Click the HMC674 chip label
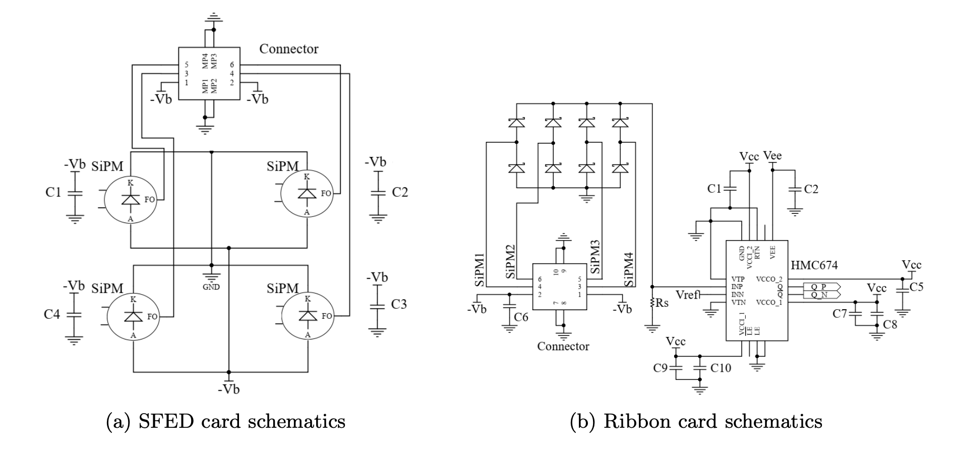[814, 265]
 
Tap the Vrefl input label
[688, 295]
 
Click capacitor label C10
[721, 368]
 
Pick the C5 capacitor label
[916, 287]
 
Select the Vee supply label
[772, 156]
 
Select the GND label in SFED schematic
[211, 287]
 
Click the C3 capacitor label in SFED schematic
[399, 304]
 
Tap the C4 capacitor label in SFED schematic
[52, 314]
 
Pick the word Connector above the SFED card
[289, 49]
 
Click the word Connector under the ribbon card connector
[563, 347]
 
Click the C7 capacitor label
[840, 314]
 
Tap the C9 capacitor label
[661, 368]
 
